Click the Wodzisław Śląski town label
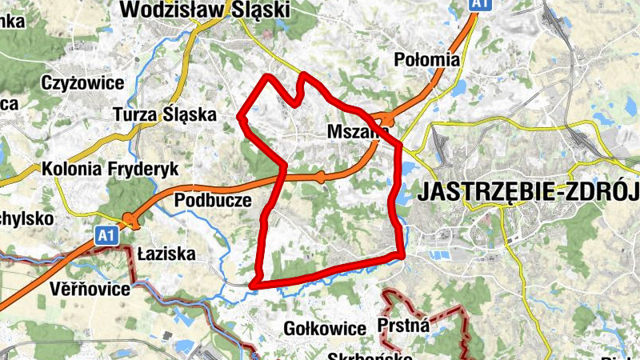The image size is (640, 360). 204,10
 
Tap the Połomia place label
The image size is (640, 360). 427,59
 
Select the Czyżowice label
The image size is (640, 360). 82,83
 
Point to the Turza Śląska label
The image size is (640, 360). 165,114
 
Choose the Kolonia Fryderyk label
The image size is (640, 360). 110,170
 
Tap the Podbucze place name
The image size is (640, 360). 213,200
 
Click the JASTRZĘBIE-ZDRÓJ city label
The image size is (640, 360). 528,193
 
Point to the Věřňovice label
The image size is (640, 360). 89,289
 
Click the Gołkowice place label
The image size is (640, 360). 324,328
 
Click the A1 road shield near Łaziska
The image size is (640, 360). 106,235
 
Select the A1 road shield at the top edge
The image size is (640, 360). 478,5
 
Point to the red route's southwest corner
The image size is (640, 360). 254,284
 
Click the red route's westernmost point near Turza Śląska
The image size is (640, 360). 241,117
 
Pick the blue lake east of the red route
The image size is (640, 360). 410,170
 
